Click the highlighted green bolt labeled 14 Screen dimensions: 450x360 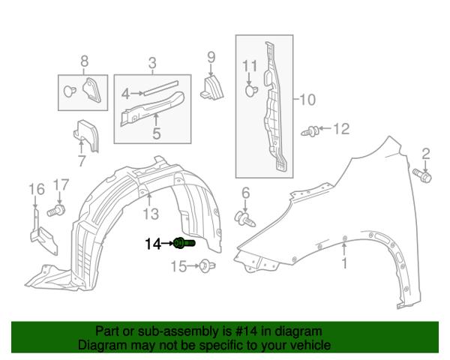pyautogui.click(x=184, y=244)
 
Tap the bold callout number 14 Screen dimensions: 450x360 pyautogui.click(x=153, y=244)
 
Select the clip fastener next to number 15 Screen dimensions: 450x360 pyautogui.click(x=208, y=266)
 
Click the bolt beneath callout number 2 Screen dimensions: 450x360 pyautogui.click(x=421, y=175)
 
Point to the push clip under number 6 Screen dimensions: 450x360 pyautogui.click(x=244, y=219)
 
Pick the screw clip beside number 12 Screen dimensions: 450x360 pyautogui.click(x=310, y=131)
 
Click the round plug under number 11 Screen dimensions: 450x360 pyautogui.click(x=251, y=91)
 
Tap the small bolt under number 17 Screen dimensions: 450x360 pyautogui.click(x=56, y=211)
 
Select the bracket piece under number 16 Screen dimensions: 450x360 pyautogui.click(x=43, y=232)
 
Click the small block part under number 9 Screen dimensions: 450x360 pyautogui.click(x=211, y=88)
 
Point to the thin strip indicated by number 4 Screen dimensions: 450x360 pyautogui.click(x=160, y=88)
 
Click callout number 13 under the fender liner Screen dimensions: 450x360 pyautogui.click(x=151, y=214)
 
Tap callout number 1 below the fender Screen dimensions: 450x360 pyautogui.click(x=344, y=262)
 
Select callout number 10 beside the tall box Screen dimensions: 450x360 pyautogui.click(x=307, y=99)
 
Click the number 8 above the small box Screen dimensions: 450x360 pyautogui.click(x=84, y=61)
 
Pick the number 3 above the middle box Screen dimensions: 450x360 pyautogui.click(x=152, y=62)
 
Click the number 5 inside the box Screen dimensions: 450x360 pyautogui.click(x=157, y=133)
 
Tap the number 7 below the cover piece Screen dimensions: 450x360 pyautogui.click(x=82, y=160)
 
